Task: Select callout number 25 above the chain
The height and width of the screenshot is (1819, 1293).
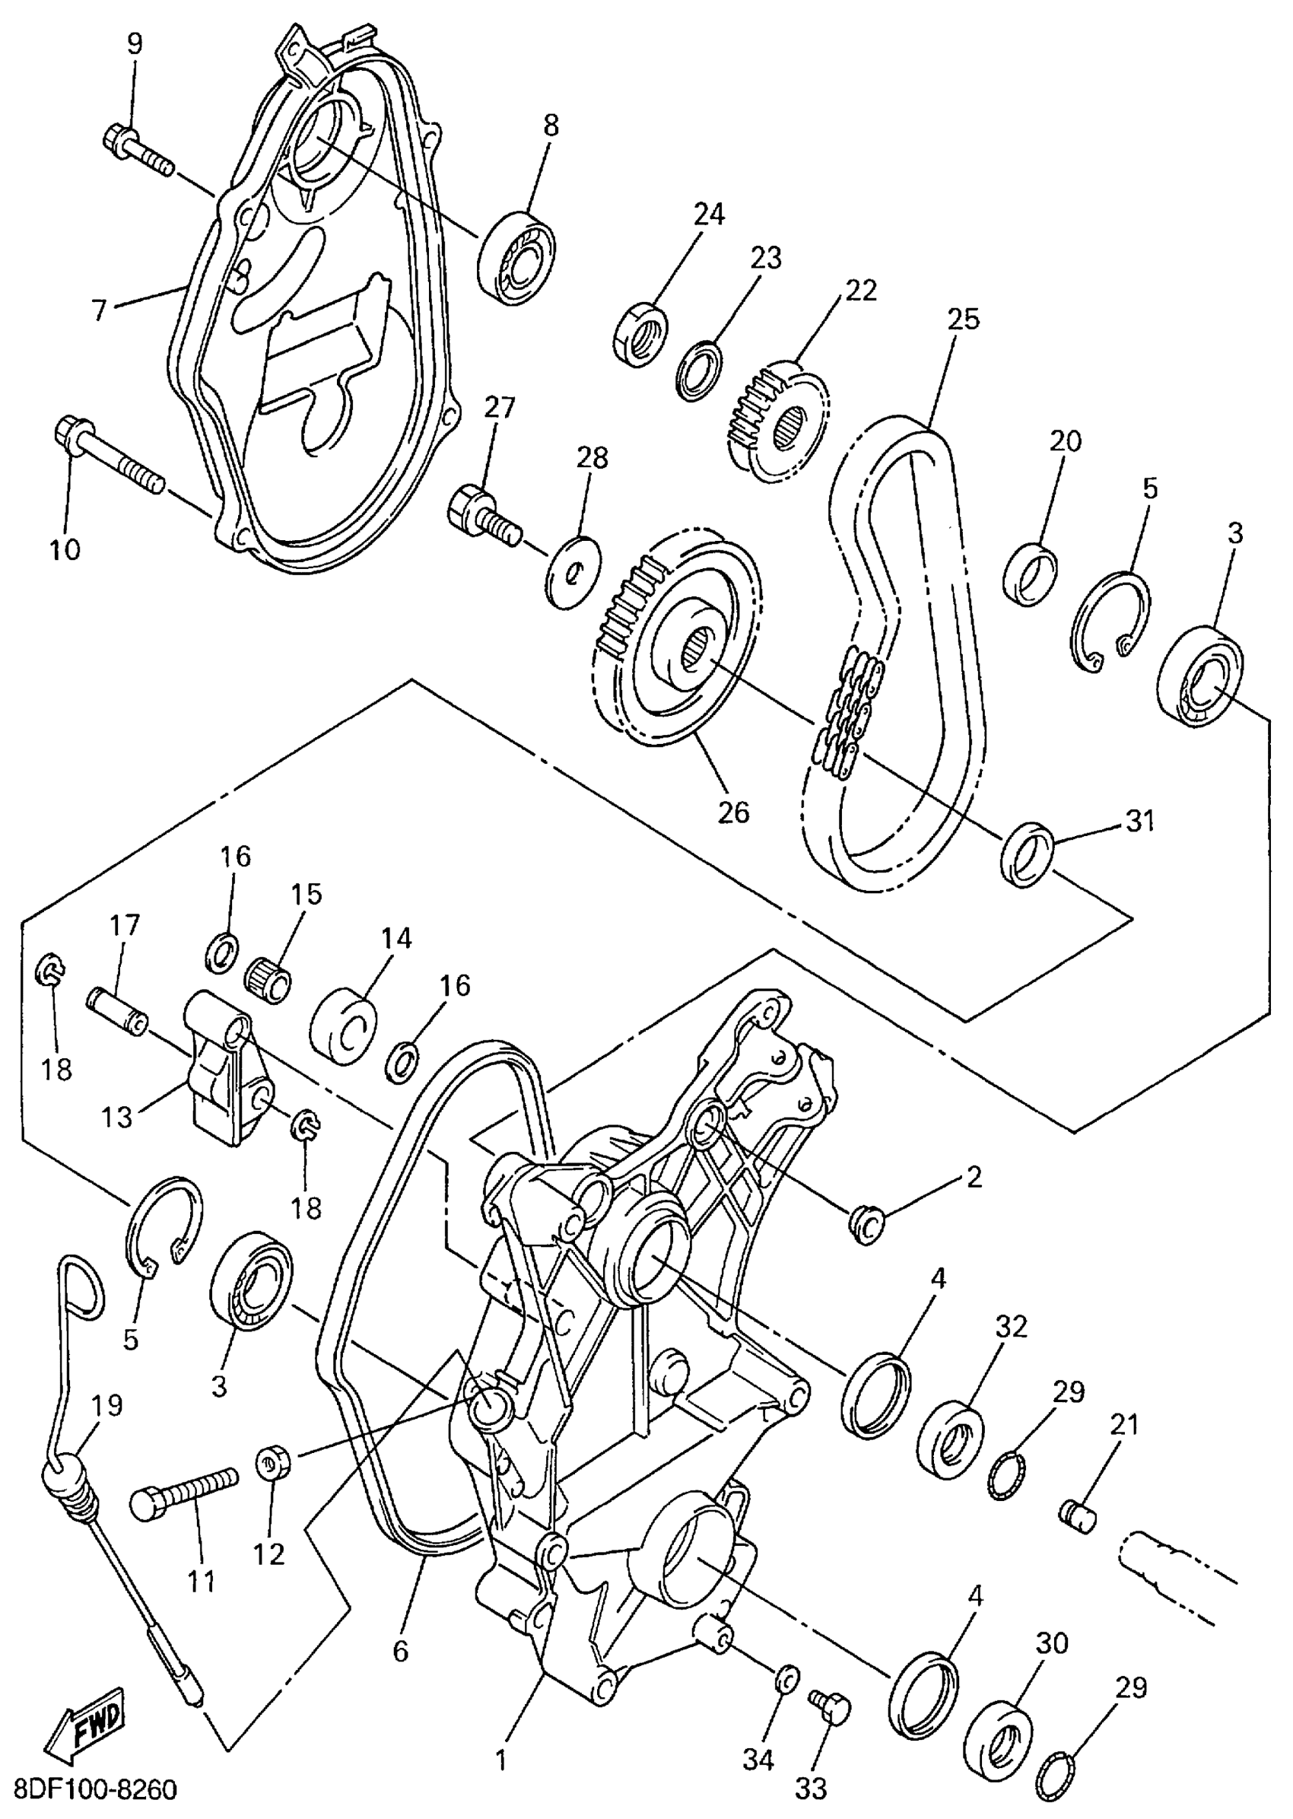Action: coord(964,320)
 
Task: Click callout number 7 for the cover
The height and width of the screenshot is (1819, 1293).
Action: coord(99,310)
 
